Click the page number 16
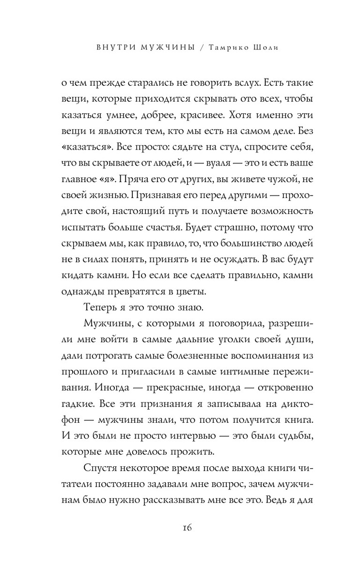click(x=180, y=527)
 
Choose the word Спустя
click(x=100, y=469)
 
